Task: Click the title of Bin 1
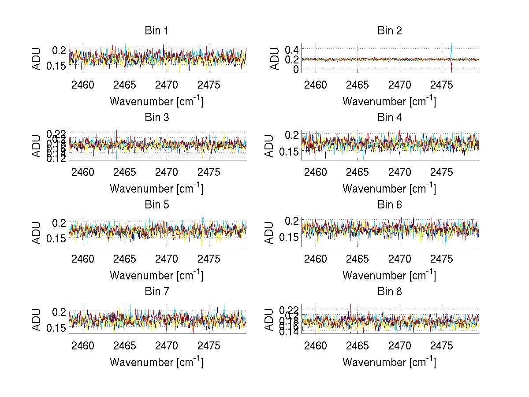(156, 31)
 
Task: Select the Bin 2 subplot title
(389, 31)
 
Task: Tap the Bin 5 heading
(156, 205)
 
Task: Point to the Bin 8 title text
(389, 292)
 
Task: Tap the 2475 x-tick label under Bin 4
(442, 172)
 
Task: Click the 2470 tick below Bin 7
(167, 346)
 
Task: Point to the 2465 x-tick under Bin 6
(358, 259)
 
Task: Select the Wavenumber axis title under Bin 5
(156, 275)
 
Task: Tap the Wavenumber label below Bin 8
(389, 362)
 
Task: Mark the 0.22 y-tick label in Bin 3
(56, 134)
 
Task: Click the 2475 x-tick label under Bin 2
(442, 85)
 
